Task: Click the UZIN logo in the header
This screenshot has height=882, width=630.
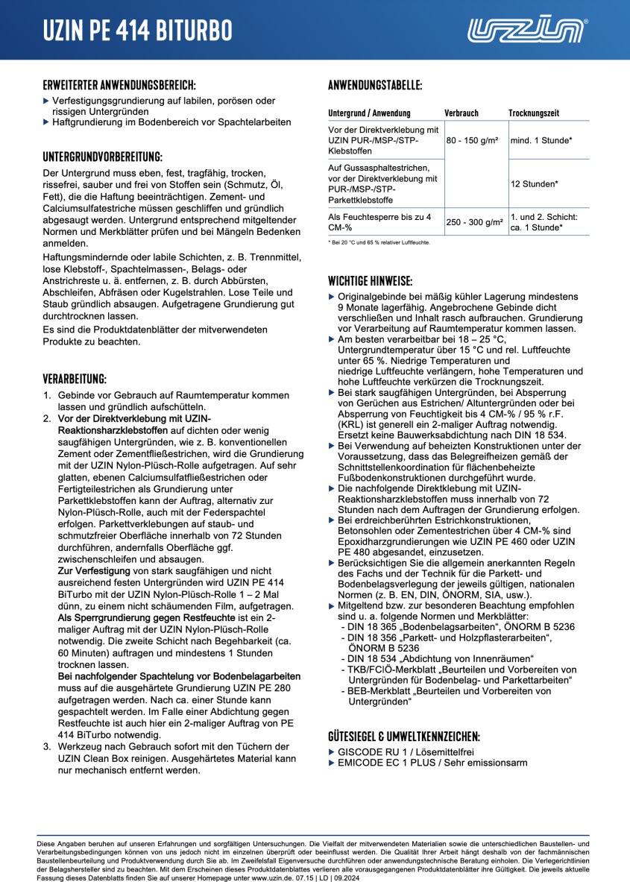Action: pyautogui.click(x=527, y=31)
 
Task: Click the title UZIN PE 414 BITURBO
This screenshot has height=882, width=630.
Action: pyautogui.click(x=137, y=31)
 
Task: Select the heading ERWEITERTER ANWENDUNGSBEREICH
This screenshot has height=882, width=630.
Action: pyautogui.click(x=119, y=85)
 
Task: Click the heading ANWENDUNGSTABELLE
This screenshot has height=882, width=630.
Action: pyautogui.click(x=375, y=85)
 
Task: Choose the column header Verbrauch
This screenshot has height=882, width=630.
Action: pyautogui.click(x=462, y=113)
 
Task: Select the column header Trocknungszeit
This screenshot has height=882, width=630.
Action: pyautogui.click(x=534, y=113)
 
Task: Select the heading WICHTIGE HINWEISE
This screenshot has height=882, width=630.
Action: pyautogui.click(x=371, y=281)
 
